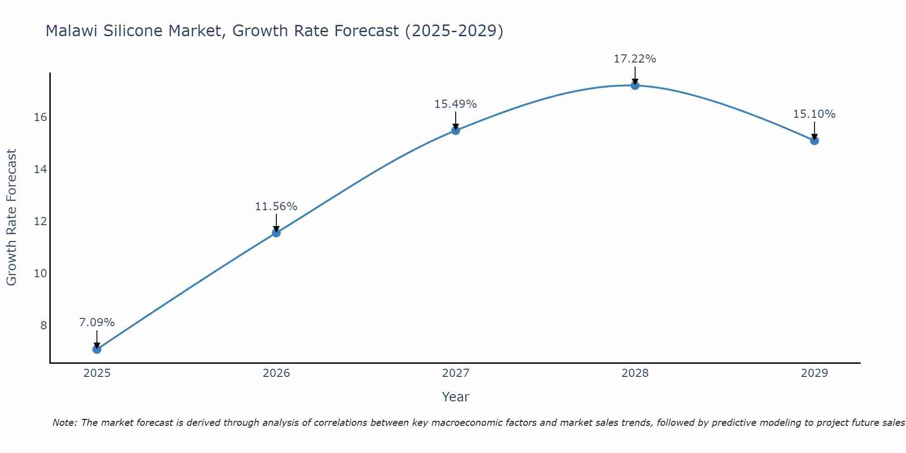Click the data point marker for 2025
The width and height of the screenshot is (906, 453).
[x=96, y=349]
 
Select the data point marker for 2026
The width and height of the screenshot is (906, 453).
[x=276, y=233]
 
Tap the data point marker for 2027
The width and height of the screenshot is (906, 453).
[x=456, y=130]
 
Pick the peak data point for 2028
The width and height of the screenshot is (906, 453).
[x=635, y=85]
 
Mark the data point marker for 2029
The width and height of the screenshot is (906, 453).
[x=814, y=140]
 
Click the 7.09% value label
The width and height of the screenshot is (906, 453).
[x=97, y=323]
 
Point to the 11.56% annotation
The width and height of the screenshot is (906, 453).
[x=276, y=207]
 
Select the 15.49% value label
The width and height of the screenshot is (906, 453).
[x=456, y=104]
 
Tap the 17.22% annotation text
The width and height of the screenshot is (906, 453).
[x=635, y=59]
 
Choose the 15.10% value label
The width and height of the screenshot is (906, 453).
[x=814, y=114]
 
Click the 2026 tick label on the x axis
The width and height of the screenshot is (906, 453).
[x=276, y=373]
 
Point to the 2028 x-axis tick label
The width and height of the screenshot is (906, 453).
[x=635, y=373]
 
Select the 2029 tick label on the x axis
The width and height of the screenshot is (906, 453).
[x=814, y=373]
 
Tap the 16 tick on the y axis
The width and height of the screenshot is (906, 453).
[x=40, y=117]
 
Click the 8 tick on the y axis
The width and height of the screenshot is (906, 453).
[x=43, y=325]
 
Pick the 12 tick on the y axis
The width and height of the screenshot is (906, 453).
[x=40, y=222]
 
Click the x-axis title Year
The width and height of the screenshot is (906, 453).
[x=456, y=397]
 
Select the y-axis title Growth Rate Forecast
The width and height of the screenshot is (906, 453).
[x=12, y=217]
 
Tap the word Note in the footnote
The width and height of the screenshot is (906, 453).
[x=65, y=423]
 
